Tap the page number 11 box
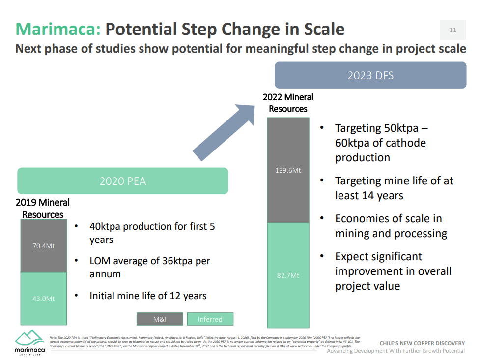tap(452, 30)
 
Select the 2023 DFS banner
tap(370, 75)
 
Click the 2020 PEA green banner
tap(123, 181)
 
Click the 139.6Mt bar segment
tap(288, 170)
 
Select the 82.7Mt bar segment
tap(288, 275)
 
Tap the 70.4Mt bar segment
tap(43, 246)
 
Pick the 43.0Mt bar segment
tap(43, 298)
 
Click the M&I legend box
tap(160, 319)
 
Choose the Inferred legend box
tap(210, 319)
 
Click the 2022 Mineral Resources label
tap(288, 103)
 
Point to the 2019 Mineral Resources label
tap(43, 209)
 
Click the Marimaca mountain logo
tap(29, 339)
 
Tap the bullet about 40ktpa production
tap(152, 233)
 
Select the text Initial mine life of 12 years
tap(148, 296)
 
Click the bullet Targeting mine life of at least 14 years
tap(394, 188)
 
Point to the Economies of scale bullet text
tap(391, 226)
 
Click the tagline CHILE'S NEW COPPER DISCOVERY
tap(422, 343)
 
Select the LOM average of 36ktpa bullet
tap(149, 267)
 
